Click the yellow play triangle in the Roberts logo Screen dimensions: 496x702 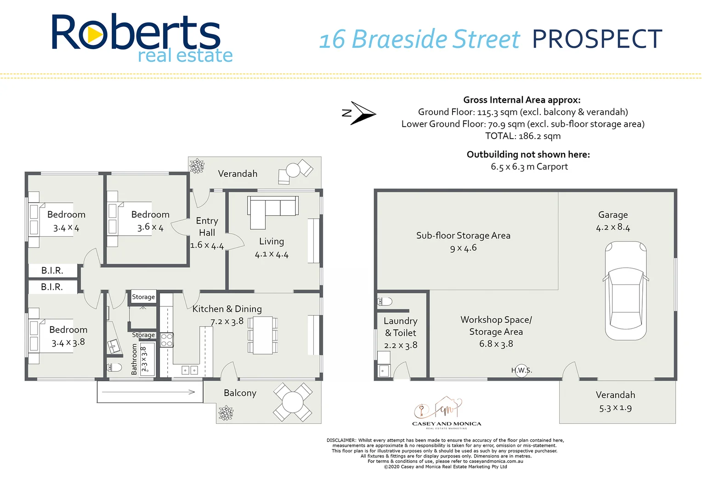pos(94,35)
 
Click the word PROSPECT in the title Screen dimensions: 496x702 pos(597,39)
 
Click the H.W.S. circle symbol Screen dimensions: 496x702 pos(521,370)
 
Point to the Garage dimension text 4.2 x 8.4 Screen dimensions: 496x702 pos(613,227)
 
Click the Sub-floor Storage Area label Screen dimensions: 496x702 pos(463,236)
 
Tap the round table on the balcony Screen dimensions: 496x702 pos(293,402)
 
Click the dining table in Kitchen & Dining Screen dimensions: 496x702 pos(263,335)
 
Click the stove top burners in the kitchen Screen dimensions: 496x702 pos(166,340)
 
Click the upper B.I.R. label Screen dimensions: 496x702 pos(52,271)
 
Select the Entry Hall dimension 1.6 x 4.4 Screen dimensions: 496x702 pos(207,246)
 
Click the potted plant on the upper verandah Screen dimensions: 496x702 pos(197,166)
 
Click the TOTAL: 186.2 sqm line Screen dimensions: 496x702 pos(523,136)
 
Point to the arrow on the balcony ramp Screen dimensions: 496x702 pos(148,392)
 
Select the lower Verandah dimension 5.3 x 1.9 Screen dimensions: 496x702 pos(615,408)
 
